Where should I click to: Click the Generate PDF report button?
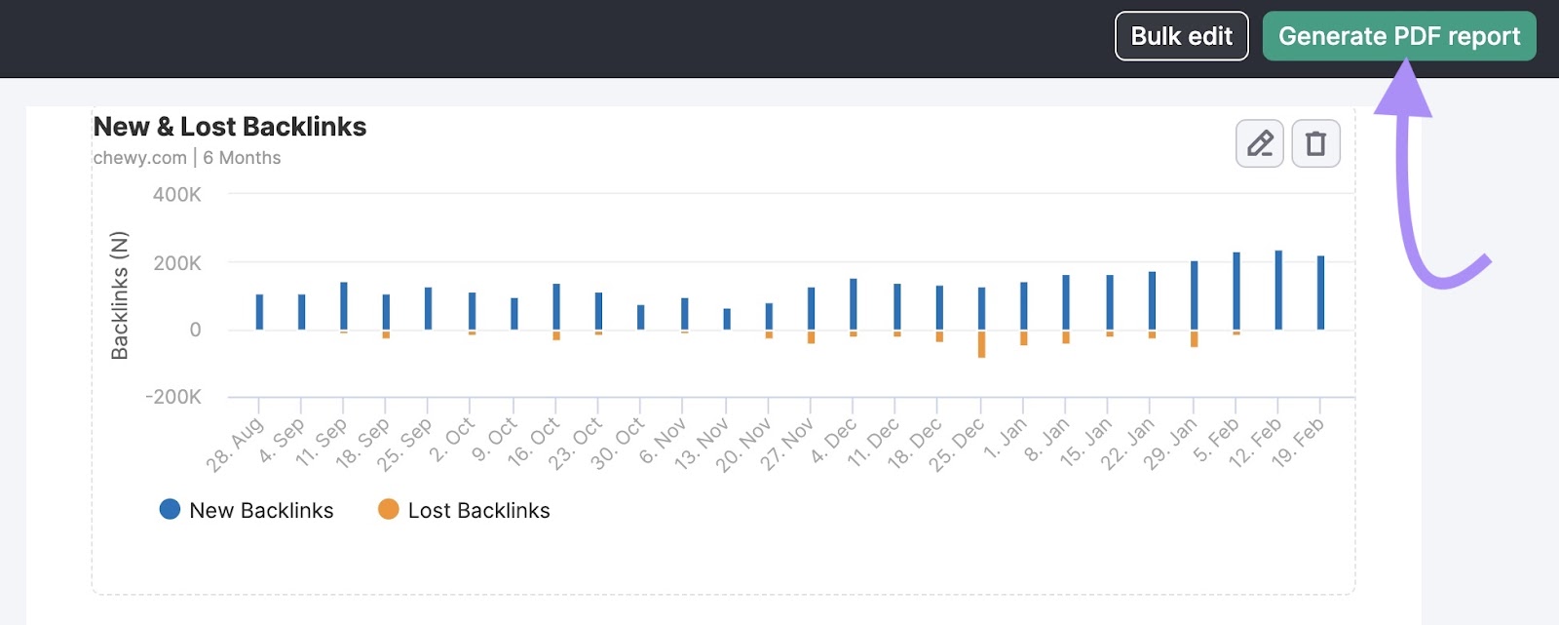pyautogui.click(x=1398, y=36)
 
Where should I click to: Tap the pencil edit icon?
pyautogui.click(x=1259, y=143)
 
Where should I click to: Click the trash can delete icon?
pyautogui.click(x=1315, y=143)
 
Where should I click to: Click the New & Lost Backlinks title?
pyautogui.click(x=230, y=127)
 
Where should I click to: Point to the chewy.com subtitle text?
pyautogui.click(x=139, y=158)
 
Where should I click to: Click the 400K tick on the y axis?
pyautogui.click(x=176, y=195)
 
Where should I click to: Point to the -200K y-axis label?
pyautogui.click(x=173, y=397)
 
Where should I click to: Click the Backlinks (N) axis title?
pyautogui.click(x=120, y=295)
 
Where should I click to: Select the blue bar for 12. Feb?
pyautogui.click(x=1278, y=290)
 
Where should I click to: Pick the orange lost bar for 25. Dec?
pyautogui.click(x=981, y=344)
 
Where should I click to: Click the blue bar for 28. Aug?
pyautogui.click(x=259, y=312)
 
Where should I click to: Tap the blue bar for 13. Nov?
pyautogui.click(x=727, y=319)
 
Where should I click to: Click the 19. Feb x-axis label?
pyautogui.click(x=1299, y=443)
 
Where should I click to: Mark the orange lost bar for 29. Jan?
pyautogui.click(x=1194, y=339)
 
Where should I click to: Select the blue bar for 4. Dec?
pyautogui.click(x=854, y=304)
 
